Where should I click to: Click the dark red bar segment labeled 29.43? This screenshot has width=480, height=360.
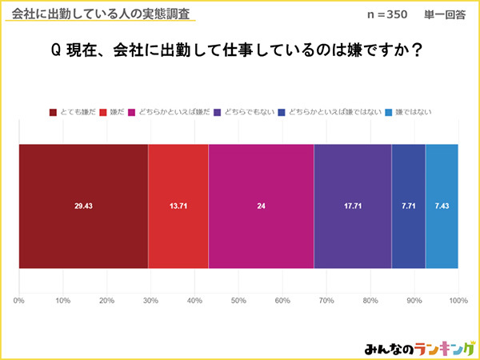pos(84,206)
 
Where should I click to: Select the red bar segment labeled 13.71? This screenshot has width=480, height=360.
pos(178,206)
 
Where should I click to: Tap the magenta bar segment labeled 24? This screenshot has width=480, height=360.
pos(261,206)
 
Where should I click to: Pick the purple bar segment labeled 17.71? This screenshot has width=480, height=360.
pos(353,206)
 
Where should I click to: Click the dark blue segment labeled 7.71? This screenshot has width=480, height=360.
pos(408,206)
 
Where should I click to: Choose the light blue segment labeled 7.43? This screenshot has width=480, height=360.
pos(442,206)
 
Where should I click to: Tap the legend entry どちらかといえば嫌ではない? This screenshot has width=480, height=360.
pos(329,113)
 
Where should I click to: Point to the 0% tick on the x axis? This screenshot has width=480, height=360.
pos(19,301)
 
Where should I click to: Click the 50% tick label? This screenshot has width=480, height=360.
pos(238,301)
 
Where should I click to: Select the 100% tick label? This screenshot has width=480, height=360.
pos(458,301)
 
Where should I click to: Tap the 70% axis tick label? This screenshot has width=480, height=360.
pos(326,301)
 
